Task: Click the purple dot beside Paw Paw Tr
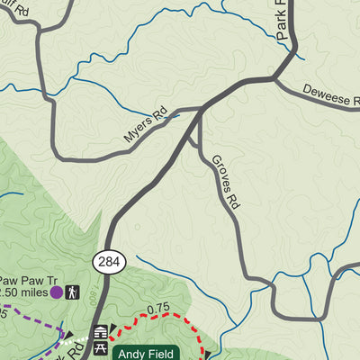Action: tap(56, 292)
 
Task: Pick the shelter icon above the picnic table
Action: tap(101, 333)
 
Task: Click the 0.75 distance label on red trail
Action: tap(159, 308)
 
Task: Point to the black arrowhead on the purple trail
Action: tap(67, 336)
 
